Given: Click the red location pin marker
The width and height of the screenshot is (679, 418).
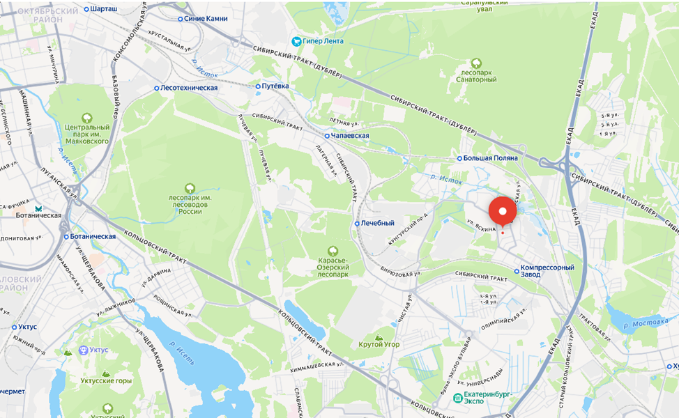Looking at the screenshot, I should (503, 210).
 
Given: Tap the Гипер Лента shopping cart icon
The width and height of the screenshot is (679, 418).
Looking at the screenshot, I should (296, 41).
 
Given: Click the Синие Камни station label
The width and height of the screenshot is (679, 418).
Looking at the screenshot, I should (206, 19).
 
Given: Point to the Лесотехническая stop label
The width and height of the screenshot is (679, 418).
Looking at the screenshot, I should (189, 88).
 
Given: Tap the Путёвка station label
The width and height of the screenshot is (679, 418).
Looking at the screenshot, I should (275, 86).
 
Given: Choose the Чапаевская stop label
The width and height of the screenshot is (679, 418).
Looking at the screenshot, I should (351, 136).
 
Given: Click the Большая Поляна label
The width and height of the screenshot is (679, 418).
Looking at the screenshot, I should (491, 158).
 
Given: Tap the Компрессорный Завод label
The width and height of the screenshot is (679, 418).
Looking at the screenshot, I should (547, 271).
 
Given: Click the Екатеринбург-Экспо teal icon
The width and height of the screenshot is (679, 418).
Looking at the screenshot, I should (457, 398).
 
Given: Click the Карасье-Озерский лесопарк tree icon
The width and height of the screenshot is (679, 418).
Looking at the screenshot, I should (333, 251).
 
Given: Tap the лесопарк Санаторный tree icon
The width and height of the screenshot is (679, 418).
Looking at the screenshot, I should (477, 63).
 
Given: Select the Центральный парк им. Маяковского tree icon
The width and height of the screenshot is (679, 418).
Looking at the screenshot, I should (87, 118).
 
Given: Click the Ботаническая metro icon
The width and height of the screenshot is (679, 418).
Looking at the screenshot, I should (40, 208).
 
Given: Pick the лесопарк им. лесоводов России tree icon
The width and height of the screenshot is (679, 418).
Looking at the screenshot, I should (190, 188).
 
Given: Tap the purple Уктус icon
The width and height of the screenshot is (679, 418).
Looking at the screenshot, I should (84, 350).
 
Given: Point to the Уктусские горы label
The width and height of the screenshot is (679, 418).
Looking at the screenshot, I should (106, 381).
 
